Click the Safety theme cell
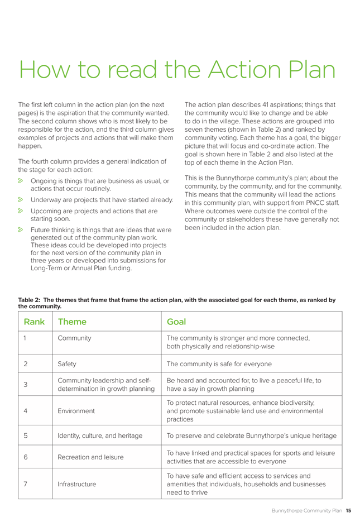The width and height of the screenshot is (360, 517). tap(68, 364)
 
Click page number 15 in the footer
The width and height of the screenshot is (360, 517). tap(348, 510)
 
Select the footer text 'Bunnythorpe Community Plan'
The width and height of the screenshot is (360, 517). tap(307, 510)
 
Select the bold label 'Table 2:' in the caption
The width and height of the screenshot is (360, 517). tap(32, 300)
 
